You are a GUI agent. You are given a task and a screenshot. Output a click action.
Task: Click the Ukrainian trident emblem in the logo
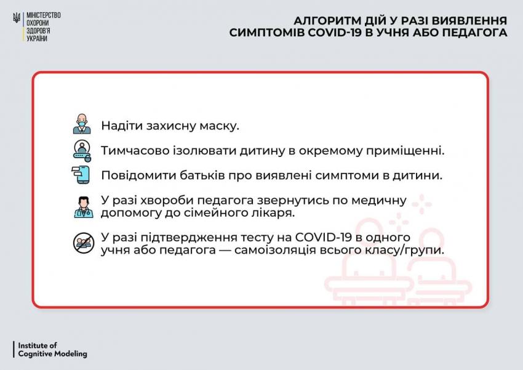point(17,17)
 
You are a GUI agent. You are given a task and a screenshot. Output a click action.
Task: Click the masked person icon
point(82,124)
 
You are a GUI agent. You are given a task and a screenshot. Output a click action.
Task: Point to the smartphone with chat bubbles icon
point(81,175)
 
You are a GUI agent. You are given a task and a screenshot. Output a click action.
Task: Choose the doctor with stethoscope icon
point(84,207)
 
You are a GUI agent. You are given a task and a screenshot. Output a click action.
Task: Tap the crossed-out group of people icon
point(84,243)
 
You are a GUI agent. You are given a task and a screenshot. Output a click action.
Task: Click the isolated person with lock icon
point(82,150)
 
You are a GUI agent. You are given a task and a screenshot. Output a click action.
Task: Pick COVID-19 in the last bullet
point(324,237)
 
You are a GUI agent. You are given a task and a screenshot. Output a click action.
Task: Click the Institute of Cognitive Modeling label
point(52,349)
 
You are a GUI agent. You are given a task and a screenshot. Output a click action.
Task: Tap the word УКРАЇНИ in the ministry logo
point(37,39)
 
